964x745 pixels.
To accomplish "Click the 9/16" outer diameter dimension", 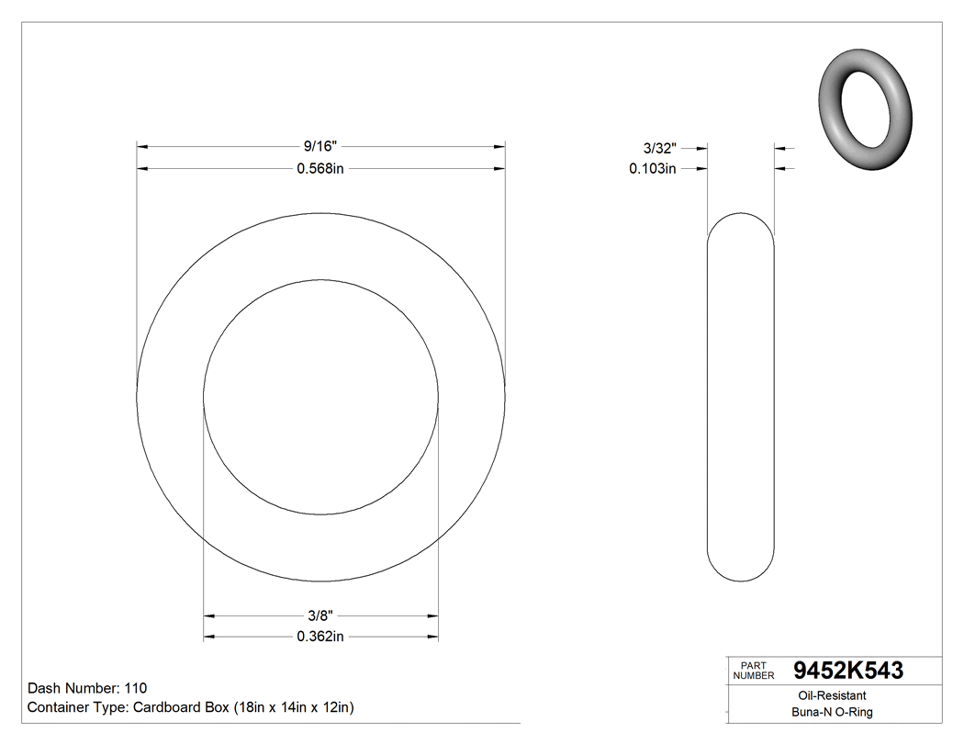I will (x=320, y=146).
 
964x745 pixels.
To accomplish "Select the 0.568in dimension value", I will (x=320, y=168).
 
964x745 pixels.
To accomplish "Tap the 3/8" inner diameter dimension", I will (x=320, y=615).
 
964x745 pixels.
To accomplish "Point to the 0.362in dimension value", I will (x=320, y=637).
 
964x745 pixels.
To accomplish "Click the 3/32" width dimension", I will (x=659, y=147).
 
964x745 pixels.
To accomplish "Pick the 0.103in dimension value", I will (x=653, y=168).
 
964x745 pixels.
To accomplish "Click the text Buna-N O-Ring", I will (x=833, y=712).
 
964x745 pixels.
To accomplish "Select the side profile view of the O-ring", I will (x=741, y=397).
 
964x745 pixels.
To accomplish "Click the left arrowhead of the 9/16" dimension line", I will (x=142, y=146).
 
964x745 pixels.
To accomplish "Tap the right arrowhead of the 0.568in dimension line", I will (x=499, y=168).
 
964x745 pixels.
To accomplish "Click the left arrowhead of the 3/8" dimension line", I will (x=209, y=615).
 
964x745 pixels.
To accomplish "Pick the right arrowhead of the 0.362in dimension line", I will (x=432, y=637).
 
